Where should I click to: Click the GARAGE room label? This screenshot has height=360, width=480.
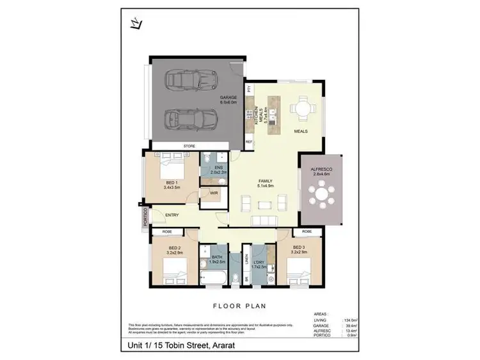(x=228, y=98)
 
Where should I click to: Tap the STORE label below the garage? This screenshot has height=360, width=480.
(x=189, y=146)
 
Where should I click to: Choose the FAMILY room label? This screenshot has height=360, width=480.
(x=266, y=182)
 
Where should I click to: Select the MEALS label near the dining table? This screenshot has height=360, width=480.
(x=301, y=131)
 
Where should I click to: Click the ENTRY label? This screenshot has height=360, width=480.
(x=171, y=215)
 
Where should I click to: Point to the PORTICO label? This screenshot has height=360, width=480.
(x=147, y=217)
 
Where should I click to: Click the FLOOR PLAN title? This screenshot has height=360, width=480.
(x=239, y=305)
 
